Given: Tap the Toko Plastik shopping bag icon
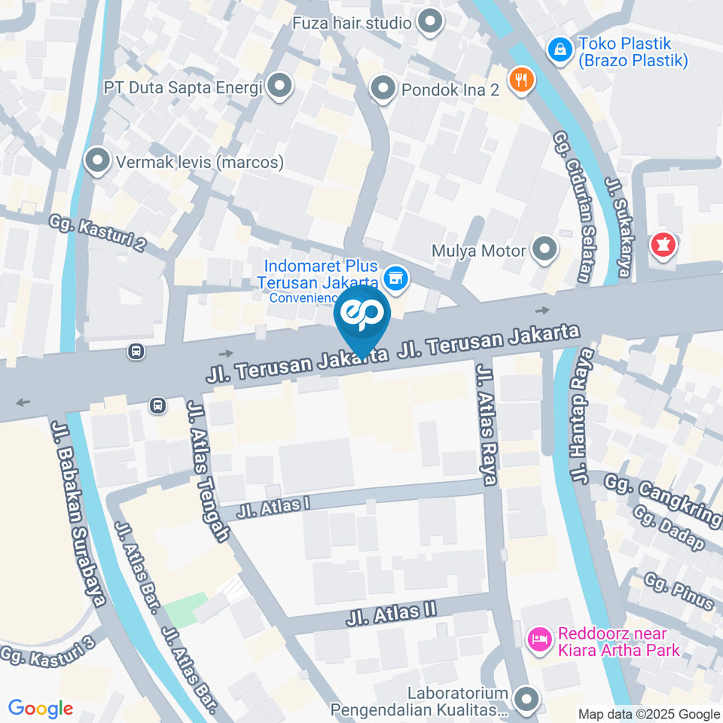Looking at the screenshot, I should click(x=560, y=50).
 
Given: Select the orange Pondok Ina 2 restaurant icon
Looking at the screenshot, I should click(x=521, y=78).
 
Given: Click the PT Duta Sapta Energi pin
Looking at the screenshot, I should click(x=280, y=87).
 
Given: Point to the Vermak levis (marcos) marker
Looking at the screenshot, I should click(x=97, y=160).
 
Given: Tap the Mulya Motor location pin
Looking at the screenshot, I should click(x=544, y=249).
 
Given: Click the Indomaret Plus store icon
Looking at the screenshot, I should click(x=395, y=279).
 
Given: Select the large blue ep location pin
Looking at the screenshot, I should click(x=362, y=316).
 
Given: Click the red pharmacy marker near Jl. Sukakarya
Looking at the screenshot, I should click(x=663, y=245).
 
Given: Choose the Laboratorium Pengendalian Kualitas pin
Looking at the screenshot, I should click(x=526, y=699).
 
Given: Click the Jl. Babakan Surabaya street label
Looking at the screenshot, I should click(x=77, y=512).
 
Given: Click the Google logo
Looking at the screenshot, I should click(x=41, y=709).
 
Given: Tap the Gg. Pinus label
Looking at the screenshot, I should click(x=679, y=590).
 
